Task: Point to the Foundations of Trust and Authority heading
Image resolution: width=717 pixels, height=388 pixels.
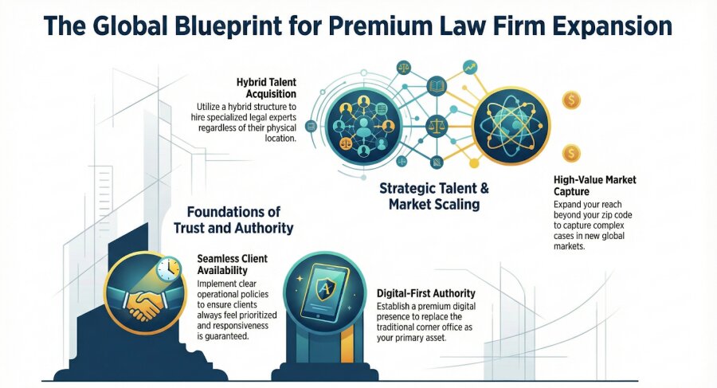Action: pos(233,221)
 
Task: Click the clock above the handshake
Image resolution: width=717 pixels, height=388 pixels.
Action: pos(168,269)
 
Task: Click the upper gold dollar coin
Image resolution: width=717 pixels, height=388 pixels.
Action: pos(570,100)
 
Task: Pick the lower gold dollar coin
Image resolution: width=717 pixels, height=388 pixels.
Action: pos(570,153)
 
